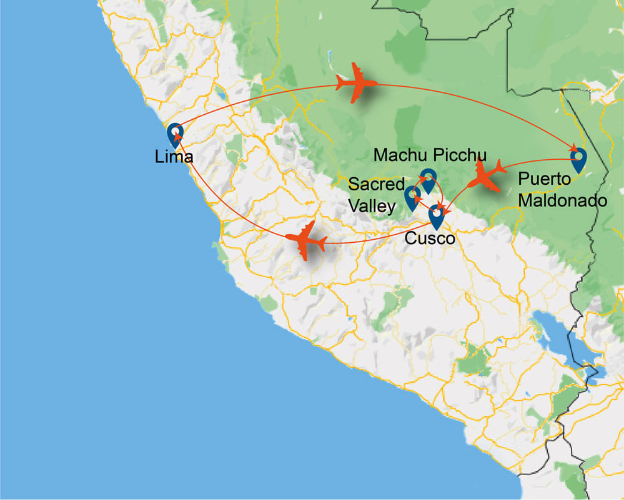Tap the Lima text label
[x=174, y=157]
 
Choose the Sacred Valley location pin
[x=412, y=197]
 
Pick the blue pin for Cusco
[x=436, y=217]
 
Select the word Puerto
[x=544, y=180]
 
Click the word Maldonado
[x=563, y=201]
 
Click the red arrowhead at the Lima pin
[x=178, y=134]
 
